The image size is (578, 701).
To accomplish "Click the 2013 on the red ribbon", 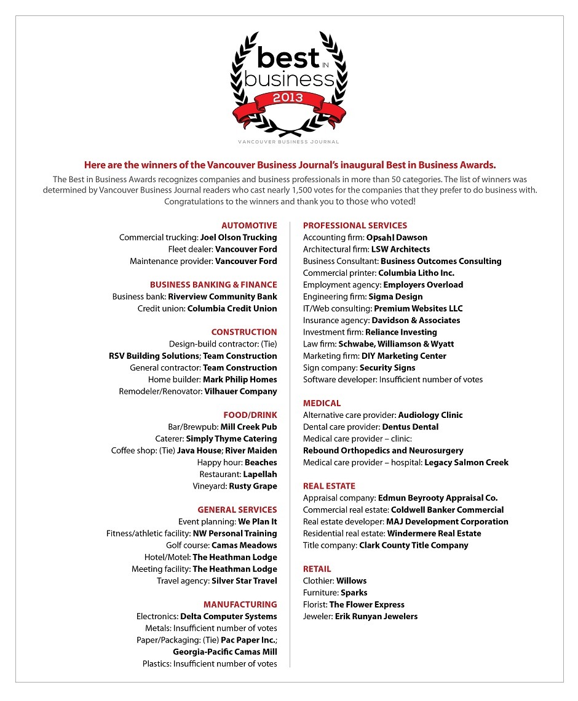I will click(x=288, y=97).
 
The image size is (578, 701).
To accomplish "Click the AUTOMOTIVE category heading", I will click(x=249, y=225).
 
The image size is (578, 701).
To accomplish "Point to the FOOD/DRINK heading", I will click(x=250, y=415).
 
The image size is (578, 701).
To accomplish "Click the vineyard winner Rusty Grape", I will click(x=253, y=486).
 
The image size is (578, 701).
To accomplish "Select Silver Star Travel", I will click(x=244, y=581).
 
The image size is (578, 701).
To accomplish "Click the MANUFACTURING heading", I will click(x=240, y=604).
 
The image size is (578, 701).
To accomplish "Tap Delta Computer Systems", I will click(x=229, y=617).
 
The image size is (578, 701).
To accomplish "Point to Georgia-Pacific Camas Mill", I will click(x=225, y=652).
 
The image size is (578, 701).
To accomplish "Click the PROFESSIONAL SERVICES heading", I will click(x=355, y=225).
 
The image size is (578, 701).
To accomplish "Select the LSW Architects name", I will click(x=400, y=249).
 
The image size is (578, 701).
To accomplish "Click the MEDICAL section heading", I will click(x=322, y=403).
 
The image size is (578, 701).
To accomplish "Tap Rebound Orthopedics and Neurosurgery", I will click(x=383, y=451).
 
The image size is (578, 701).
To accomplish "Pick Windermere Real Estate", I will click(x=434, y=534).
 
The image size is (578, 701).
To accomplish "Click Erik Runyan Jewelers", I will click(x=376, y=616).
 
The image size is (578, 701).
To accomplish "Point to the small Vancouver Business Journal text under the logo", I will click(x=288, y=142).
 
